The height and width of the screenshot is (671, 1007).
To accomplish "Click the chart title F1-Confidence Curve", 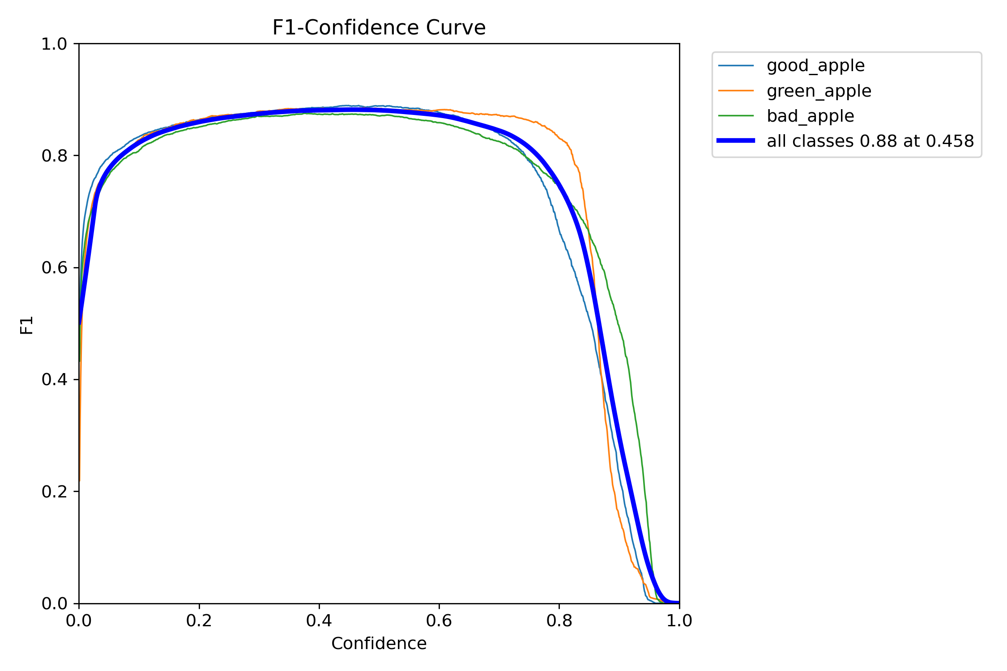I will (x=379, y=28).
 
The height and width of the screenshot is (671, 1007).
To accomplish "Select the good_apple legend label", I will (x=815, y=66).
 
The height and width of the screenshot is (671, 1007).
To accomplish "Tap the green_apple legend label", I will (x=819, y=91).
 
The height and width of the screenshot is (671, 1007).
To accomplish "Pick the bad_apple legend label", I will (x=810, y=116).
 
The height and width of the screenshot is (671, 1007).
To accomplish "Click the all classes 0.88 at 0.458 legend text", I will (x=870, y=141).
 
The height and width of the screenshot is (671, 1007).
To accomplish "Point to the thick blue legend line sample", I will (x=736, y=141).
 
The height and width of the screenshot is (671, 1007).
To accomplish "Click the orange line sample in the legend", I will (x=736, y=91).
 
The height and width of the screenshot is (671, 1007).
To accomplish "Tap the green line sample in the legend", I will (x=736, y=116).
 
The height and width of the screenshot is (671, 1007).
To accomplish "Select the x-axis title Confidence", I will (x=379, y=643).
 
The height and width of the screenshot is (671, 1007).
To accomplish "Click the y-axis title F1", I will (x=27, y=325).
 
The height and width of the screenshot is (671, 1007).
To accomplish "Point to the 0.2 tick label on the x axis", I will (x=199, y=621).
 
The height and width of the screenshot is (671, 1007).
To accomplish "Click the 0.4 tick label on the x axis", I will (x=319, y=621).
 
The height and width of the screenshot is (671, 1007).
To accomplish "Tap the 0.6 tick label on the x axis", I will (x=439, y=621).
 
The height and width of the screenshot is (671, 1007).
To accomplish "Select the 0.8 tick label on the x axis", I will (x=559, y=621).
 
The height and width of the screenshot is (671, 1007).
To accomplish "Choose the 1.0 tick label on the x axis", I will (x=679, y=621).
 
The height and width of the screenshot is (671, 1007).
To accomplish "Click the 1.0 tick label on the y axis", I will (x=54, y=44).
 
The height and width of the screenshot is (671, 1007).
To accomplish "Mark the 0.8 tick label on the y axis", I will (x=54, y=156).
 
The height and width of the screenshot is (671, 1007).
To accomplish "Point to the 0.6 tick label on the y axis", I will (x=54, y=268).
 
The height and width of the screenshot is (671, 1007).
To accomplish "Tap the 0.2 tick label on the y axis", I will (x=54, y=492).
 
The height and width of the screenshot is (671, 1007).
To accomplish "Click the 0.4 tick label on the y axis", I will (x=54, y=380).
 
